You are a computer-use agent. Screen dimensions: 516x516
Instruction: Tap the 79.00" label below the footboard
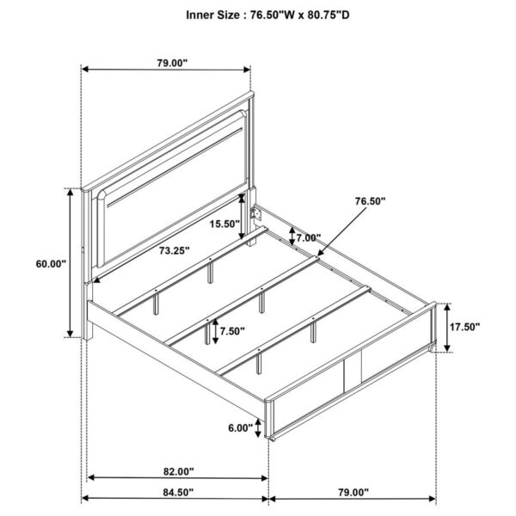tap(352, 493)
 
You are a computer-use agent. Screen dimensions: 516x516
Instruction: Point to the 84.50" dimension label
tap(175, 493)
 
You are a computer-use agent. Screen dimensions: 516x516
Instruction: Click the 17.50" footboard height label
tap(464, 327)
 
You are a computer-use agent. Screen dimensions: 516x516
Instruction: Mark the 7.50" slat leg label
tap(230, 331)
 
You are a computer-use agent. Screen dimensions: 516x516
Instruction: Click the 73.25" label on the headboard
tap(173, 250)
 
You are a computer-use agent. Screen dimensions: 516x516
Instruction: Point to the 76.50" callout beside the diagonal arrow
tap(371, 201)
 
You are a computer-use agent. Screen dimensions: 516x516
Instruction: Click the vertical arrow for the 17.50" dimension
tap(447, 327)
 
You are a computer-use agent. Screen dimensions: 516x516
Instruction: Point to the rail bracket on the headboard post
tap(255, 212)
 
